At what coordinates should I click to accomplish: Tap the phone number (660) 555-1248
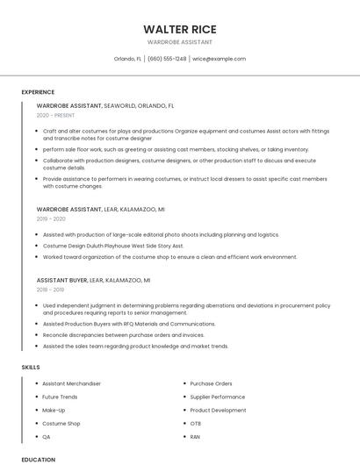pos(167,59)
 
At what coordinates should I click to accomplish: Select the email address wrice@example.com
pos(219,59)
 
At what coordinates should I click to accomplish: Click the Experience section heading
pos(38,92)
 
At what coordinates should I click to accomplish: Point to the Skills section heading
pos(30,367)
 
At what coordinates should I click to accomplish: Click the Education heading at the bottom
pos(38,459)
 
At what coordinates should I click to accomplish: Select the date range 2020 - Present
pos(55,115)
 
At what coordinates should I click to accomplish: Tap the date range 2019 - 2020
pos(52,219)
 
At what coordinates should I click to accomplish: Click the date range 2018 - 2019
pos(51,289)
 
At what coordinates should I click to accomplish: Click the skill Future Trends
pos(61,397)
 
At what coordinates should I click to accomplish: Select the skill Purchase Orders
pos(211,383)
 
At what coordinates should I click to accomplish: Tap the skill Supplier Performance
pos(217,397)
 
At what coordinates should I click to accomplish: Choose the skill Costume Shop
pos(61,423)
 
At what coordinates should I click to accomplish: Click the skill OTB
pos(196,423)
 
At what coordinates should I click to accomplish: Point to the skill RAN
pos(196,436)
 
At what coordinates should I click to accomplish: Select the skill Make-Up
pos(54,410)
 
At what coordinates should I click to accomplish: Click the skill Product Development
pos(218,410)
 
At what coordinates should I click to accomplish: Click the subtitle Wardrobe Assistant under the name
pos(180,41)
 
